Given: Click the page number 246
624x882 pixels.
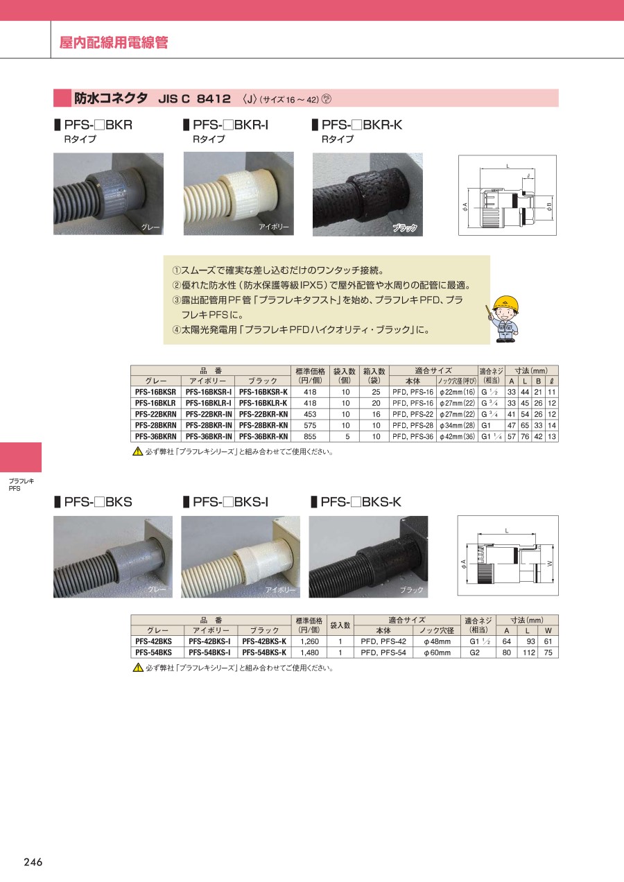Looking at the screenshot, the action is (33, 862).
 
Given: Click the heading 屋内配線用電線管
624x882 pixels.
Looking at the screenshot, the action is (114, 42).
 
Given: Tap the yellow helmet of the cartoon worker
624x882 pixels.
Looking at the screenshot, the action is (505, 304).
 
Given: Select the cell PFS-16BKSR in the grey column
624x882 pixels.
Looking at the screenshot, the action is (155, 392).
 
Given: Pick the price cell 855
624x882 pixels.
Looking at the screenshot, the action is (310, 436).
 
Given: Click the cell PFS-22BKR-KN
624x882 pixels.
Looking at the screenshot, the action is (263, 414).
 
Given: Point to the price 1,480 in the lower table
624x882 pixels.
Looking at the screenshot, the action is (309, 652).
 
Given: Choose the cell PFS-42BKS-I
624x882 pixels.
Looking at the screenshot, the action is (209, 641).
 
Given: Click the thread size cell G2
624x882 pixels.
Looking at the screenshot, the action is (475, 652).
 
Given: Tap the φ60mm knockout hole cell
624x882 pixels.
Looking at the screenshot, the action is (437, 652).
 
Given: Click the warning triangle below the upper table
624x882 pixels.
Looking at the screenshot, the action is (138, 451).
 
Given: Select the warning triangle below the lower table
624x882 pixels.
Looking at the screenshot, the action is (138, 668).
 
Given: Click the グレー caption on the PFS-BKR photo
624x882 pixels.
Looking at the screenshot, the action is (150, 227).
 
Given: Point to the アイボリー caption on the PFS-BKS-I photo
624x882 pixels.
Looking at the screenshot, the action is (280, 590).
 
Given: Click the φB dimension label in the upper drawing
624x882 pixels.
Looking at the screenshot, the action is (550, 206).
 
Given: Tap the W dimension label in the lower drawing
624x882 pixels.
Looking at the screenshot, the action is (550, 564).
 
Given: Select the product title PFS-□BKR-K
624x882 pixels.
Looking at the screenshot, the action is (362, 125).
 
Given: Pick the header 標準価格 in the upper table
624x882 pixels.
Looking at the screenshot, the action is (310, 371).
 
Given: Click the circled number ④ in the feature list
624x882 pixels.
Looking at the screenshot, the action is (176, 329).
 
